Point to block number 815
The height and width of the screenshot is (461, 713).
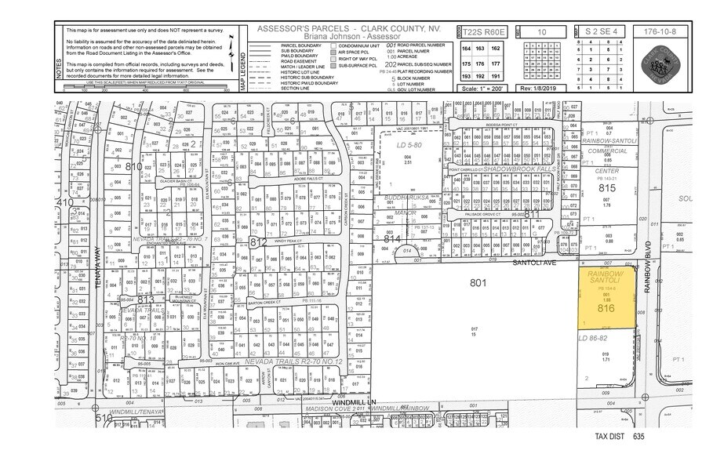tap(606, 189)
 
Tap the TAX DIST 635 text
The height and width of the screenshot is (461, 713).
tap(617, 435)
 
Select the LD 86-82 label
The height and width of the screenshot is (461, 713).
tap(594, 338)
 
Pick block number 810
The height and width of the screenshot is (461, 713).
tap(134, 167)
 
